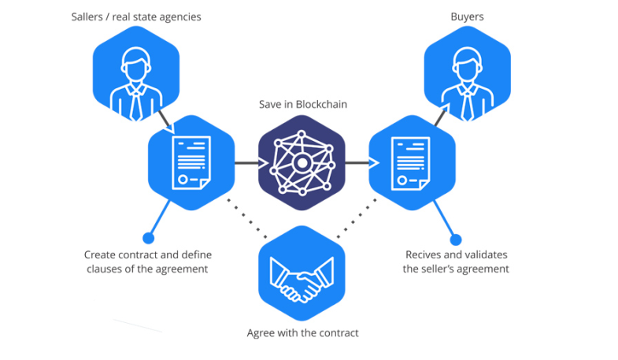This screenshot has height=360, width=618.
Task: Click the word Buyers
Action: pos(468,16)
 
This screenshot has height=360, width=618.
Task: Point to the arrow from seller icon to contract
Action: pos(164,118)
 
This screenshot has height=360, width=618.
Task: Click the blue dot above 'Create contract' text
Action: pos(147,237)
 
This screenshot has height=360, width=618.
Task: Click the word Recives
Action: pos(425,255)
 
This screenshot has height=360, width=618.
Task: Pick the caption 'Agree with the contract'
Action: pos(302,333)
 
